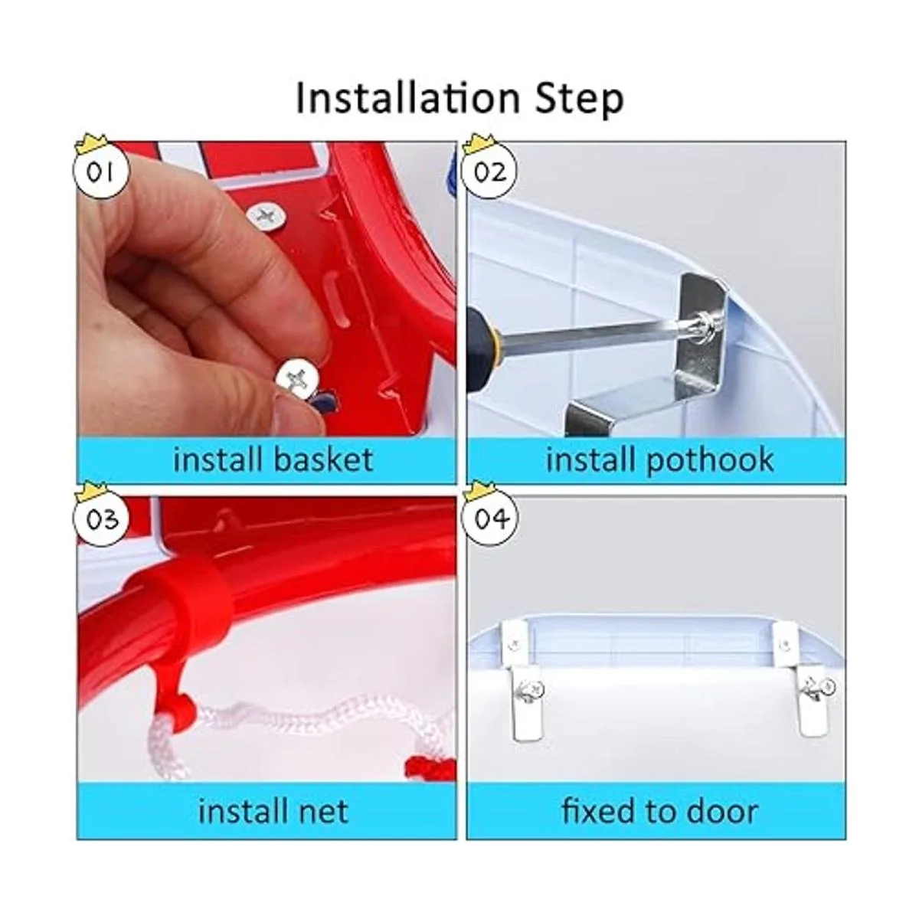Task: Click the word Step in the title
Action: click(x=579, y=100)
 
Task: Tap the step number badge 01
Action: click(x=100, y=171)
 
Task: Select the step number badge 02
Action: click(x=489, y=171)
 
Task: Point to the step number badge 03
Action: click(x=100, y=518)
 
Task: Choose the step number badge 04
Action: click(x=490, y=518)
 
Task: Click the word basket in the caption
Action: click(x=323, y=459)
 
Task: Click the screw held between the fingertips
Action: click(x=298, y=379)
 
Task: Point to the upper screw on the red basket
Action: click(x=267, y=217)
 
